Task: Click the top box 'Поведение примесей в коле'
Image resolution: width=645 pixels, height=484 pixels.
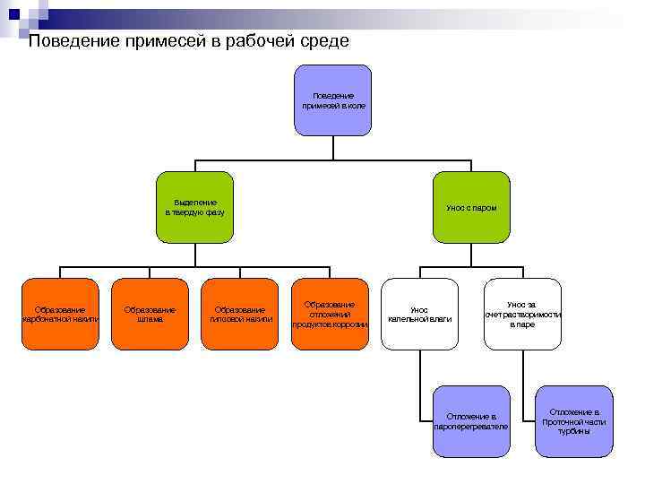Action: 332,100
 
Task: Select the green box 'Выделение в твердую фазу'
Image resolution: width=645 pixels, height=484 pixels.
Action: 195,208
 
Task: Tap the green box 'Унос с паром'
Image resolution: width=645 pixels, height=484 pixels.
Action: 471,208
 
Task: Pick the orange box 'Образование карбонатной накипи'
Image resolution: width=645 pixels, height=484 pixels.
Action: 60,314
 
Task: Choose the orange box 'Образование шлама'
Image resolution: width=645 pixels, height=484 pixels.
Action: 150,314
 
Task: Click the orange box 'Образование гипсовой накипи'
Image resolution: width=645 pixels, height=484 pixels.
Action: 240,314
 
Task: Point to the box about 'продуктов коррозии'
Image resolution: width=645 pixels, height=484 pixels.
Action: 331,314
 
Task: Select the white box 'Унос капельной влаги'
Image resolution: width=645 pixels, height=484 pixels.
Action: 419,314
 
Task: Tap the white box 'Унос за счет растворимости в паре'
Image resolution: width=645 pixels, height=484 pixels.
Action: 523,314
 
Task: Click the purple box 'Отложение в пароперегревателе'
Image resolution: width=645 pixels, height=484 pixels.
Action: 471,421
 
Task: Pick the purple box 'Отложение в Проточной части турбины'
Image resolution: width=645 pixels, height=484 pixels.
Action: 574,421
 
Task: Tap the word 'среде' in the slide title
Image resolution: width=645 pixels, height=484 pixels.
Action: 323,41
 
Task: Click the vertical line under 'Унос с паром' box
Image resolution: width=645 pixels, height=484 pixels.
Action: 471,255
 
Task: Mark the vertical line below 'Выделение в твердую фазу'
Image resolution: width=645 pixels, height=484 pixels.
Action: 195,255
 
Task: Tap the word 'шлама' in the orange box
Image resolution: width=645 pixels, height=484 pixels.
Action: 150,319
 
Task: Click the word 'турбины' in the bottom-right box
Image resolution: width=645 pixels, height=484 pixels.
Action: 574,432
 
